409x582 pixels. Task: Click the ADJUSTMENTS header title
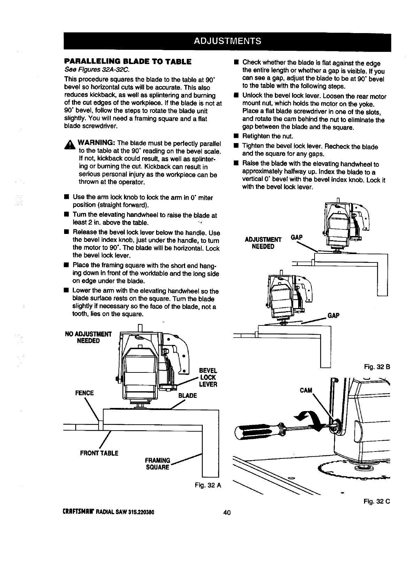227,41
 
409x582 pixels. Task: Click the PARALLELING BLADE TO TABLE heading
128,62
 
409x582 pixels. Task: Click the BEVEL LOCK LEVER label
208,377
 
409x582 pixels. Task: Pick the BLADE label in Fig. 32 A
187,396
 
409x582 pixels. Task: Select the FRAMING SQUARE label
157,463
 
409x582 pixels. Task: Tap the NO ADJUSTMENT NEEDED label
88,337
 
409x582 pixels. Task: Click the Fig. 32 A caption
208,485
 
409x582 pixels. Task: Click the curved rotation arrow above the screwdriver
307,418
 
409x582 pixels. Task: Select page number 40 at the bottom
227,512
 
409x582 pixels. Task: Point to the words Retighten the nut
268,136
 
